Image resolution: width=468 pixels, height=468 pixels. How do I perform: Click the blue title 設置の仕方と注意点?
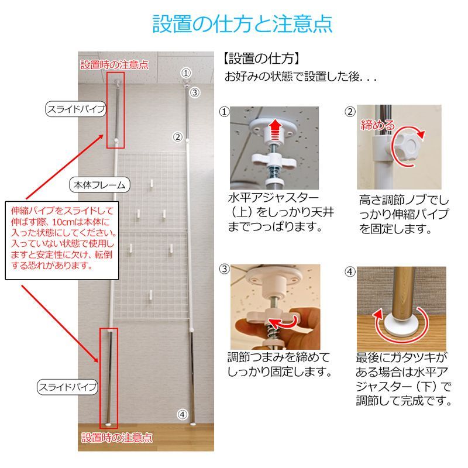tap(242, 24)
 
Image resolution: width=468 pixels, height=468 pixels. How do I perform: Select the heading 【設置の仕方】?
tap(261, 59)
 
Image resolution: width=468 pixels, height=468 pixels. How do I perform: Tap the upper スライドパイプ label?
tap(76, 109)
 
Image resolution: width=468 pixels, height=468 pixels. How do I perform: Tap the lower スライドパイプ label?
tap(67, 387)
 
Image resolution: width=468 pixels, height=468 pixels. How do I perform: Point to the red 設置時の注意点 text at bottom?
tap(117, 437)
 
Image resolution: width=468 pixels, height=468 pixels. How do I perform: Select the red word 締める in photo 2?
tap(377, 125)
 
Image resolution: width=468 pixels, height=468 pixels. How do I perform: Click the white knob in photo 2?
tap(410, 143)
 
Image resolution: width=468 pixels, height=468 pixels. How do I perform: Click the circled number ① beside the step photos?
tap(223, 111)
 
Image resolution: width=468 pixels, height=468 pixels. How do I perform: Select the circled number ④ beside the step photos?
tap(350, 271)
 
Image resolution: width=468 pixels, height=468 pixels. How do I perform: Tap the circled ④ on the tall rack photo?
tap(183, 414)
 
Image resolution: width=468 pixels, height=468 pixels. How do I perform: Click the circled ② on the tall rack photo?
tap(177, 137)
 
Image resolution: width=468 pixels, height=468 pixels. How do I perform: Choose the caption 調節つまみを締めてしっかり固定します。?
tap(280, 364)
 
